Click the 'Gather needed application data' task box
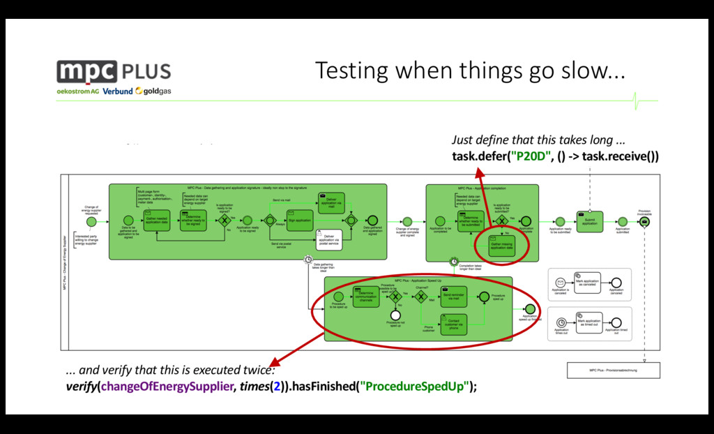click(x=157, y=220)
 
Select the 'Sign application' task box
click(x=301, y=220)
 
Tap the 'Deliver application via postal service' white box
click(x=330, y=238)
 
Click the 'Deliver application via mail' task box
click(x=331, y=202)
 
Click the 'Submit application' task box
click(x=589, y=220)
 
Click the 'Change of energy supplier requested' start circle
click(x=91, y=221)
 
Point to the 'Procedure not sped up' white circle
click(x=395, y=315)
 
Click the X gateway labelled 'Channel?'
click(x=420, y=297)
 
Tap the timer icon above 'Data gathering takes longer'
click(x=308, y=260)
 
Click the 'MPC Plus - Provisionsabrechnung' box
click(x=614, y=371)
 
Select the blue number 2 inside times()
click(x=277, y=387)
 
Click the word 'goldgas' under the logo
click(x=157, y=91)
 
